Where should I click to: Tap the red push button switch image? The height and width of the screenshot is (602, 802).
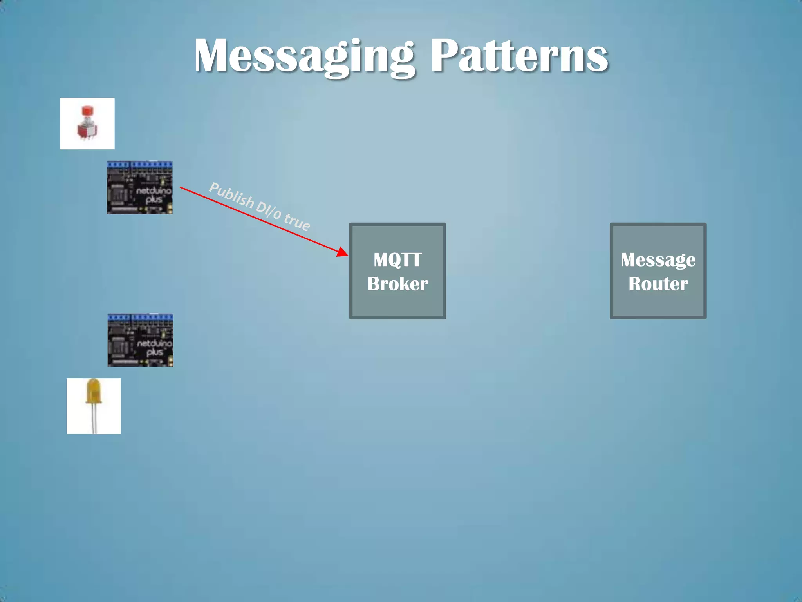(87, 123)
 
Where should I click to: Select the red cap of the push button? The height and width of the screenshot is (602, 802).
(87, 111)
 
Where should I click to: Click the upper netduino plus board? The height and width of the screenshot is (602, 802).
(139, 187)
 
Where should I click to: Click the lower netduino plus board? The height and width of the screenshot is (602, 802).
(140, 340)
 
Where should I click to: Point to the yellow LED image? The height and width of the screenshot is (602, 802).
(94, 406)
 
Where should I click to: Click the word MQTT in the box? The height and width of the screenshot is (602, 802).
(397, 259)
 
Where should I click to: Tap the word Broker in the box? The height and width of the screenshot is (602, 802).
(397, 284)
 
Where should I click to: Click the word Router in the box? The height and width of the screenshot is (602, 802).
(658, 284)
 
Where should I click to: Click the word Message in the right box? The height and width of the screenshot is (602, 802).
(658, 259)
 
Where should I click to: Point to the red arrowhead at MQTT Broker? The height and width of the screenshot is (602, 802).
(343, 252)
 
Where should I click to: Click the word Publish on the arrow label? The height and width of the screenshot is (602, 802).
(231, 194)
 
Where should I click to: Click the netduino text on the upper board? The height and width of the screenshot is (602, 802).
(154, 191)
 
